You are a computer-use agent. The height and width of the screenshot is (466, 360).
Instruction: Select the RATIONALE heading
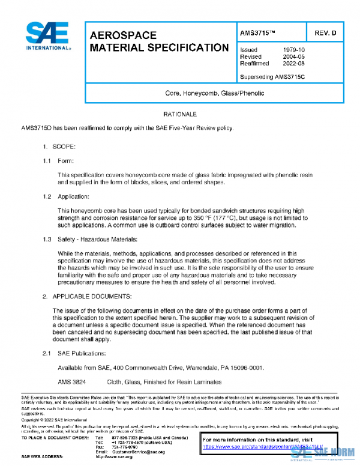180,113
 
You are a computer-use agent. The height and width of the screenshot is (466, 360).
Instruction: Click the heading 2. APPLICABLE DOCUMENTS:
93,296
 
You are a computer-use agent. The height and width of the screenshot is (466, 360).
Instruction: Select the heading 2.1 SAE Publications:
77,353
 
